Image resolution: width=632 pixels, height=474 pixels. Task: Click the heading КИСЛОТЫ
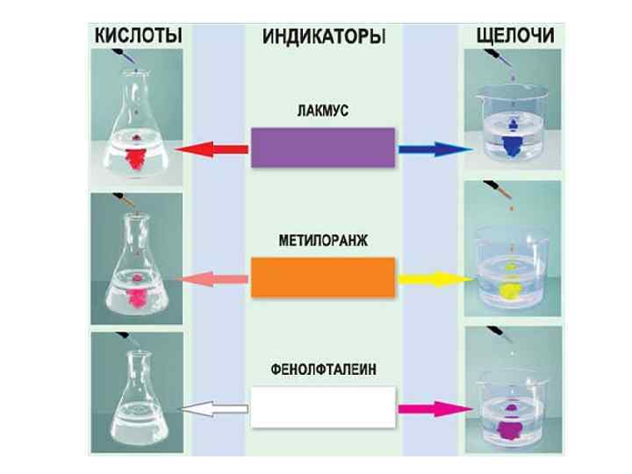(138, 36)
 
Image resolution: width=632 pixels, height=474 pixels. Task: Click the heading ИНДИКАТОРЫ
(323, 37)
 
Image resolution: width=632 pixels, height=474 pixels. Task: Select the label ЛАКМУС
(323, 111)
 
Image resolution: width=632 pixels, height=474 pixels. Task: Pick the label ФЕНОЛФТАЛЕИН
(323, 370)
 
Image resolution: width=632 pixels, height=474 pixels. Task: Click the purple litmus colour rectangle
(323, 147)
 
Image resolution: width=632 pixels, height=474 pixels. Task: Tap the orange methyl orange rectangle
(323, 278)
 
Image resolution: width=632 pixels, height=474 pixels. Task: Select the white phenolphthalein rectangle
(323, 407)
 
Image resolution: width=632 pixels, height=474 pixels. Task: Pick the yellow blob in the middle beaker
(510, 287)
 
